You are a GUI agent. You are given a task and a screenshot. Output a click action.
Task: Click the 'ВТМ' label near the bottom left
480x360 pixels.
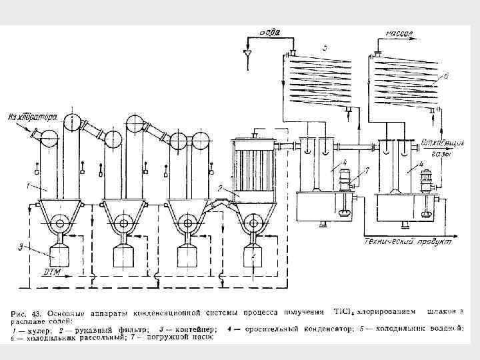click(x=52, y=272)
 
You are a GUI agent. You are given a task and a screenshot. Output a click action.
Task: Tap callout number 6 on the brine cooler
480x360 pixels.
click(x=446, y=77)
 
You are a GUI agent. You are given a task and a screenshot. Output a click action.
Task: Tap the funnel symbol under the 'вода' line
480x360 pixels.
click(x=248, y=52)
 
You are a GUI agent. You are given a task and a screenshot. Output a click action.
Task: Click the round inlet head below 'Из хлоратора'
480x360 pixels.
click(x=48, y=138)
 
